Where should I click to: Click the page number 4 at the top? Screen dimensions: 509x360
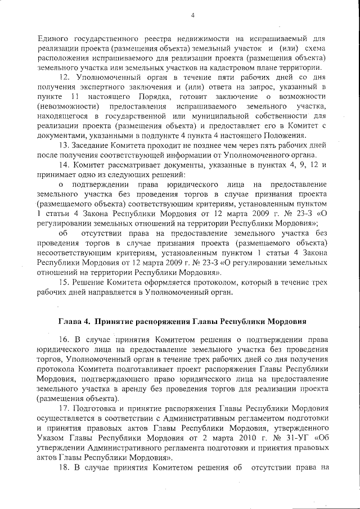tap(192, 15)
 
